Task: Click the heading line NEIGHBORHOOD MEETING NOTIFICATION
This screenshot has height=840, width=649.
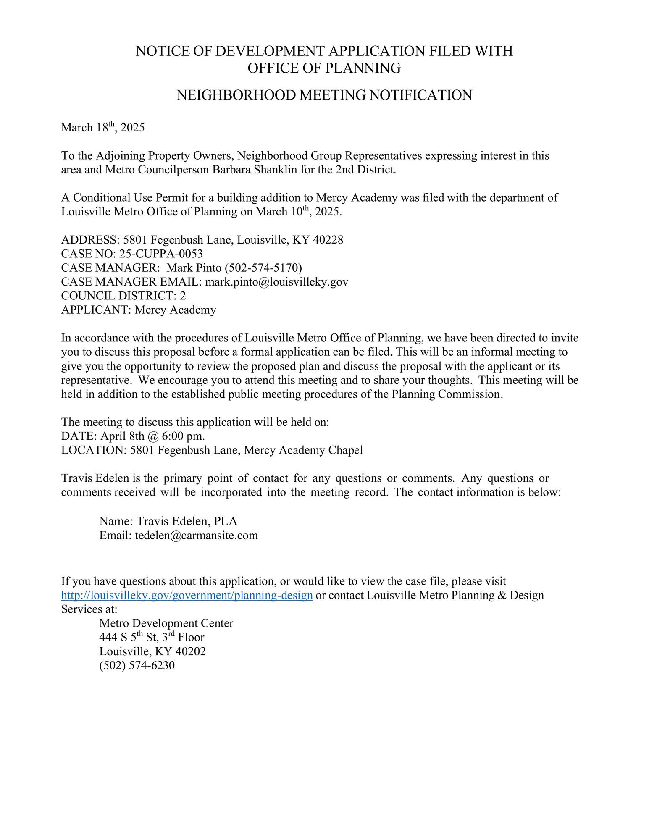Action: [324, 95]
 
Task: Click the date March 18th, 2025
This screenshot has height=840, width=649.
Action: [102, 128]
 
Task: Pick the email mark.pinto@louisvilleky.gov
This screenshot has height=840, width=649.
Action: [276, 282]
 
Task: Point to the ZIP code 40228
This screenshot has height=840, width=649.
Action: [328, 240]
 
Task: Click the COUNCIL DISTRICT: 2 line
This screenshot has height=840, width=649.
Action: [123, 296]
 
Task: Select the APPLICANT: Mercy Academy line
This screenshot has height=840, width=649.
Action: [139, 310]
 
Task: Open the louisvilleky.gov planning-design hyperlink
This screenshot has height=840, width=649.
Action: [187, 595]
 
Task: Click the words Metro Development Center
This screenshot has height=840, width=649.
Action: [166, 623]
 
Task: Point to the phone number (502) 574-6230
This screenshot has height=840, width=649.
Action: [137, 665]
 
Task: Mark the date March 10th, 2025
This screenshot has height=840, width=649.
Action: [299, 212]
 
